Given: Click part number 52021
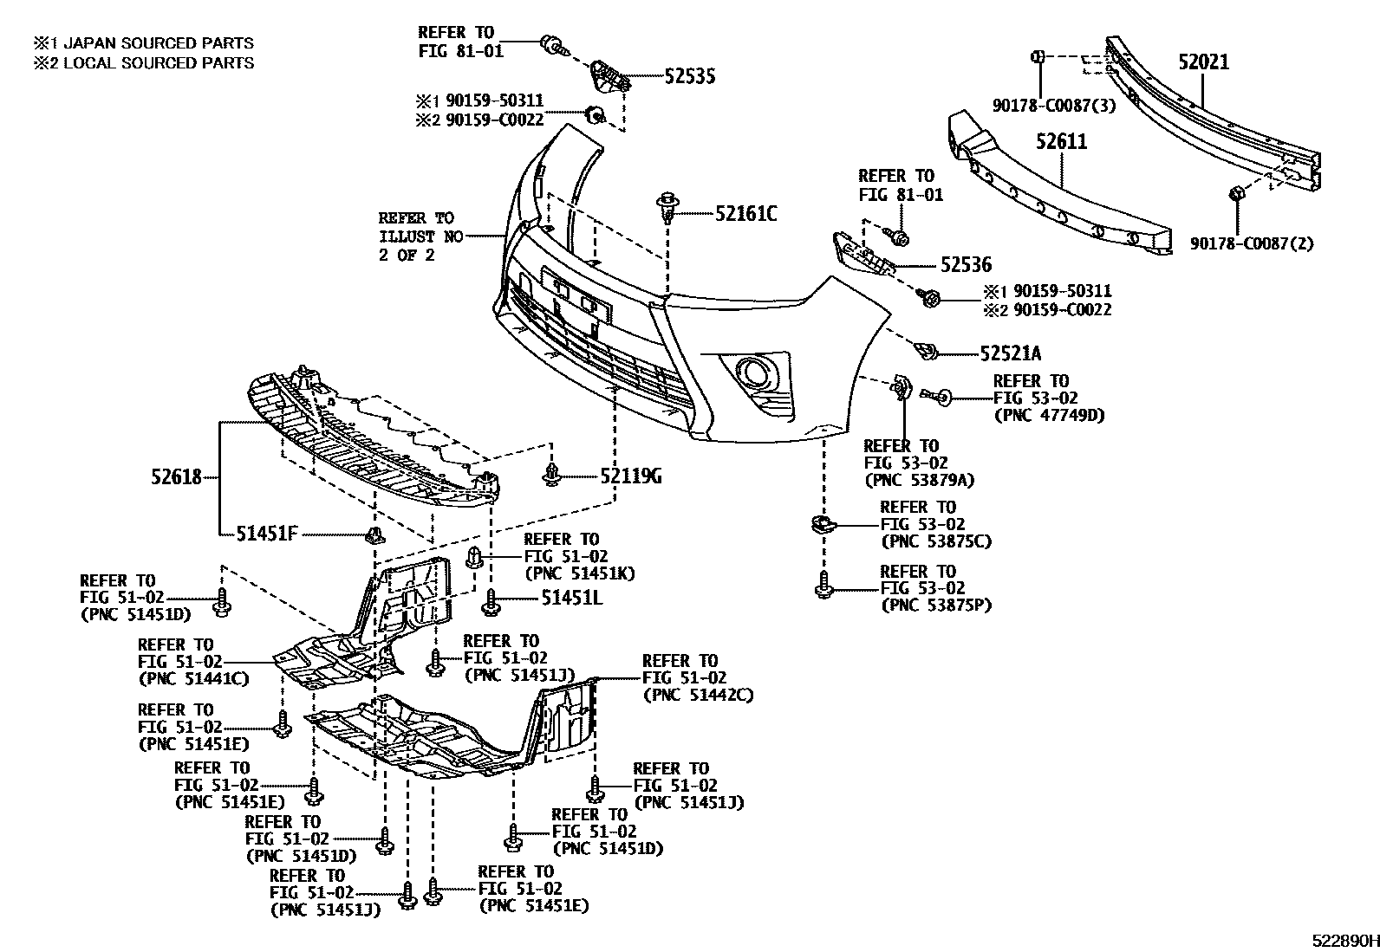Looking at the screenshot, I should tap(1203, 62).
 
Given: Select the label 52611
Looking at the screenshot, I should tap(1062, 141).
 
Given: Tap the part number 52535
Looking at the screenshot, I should tap(690, 77).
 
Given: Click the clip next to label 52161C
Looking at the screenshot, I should tap(667, 207).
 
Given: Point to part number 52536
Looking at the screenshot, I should tap(966, 265).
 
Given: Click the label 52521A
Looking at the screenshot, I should tap(1011, 353).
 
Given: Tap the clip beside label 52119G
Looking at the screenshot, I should tap(552, 475).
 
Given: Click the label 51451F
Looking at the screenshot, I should tap(267, 534).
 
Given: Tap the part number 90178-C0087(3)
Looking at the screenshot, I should tap(1053, 105).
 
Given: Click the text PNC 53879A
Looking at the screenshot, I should tap(919, 480).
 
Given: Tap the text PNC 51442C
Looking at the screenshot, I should tap(698, 695).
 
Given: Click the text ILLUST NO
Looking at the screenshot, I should tap(420, 236).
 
